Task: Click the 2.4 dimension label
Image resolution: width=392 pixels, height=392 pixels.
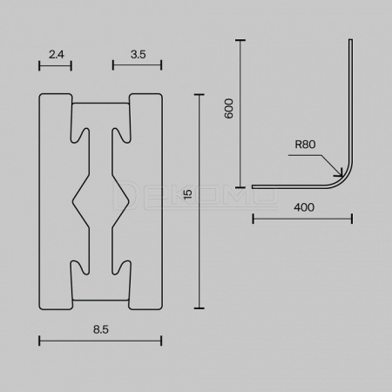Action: pos(57,54)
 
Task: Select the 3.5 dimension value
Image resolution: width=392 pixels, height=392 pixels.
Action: pos(138,54)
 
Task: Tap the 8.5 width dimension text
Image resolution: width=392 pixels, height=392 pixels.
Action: pos(101,329)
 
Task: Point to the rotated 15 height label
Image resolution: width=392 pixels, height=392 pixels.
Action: pos(188,194)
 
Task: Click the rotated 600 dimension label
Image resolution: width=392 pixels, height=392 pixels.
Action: pos(229,108)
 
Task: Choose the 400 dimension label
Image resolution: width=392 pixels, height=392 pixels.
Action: pos(304,207)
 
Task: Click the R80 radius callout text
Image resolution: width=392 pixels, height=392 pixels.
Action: pos(305,145)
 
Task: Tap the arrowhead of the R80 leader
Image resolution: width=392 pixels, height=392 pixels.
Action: pos(341,173)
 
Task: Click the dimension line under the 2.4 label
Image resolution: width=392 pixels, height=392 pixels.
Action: pos(55,65)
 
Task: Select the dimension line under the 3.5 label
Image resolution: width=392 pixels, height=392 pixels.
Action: pos(137,65)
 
